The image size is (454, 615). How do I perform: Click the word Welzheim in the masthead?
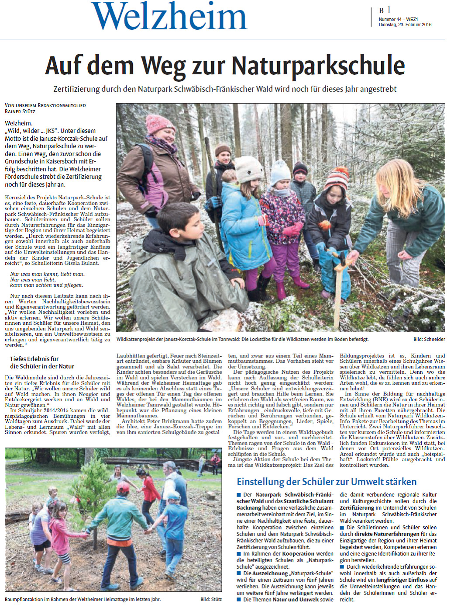(169, 17)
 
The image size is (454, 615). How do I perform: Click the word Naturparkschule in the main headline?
(318, 66)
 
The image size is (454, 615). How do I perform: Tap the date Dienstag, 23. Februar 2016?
(405, 25)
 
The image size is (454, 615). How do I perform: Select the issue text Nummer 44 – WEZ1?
(398, 20)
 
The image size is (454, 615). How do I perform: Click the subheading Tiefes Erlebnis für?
(34, 359)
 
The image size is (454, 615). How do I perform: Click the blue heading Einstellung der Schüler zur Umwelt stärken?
(327, 482)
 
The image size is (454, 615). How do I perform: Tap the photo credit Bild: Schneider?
(429, 339)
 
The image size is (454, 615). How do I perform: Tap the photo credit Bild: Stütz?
(211, 599)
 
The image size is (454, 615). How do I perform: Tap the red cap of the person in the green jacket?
(123, 487)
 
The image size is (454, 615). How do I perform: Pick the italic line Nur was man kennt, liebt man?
(47, 274)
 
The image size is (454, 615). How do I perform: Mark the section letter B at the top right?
(382, 10)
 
